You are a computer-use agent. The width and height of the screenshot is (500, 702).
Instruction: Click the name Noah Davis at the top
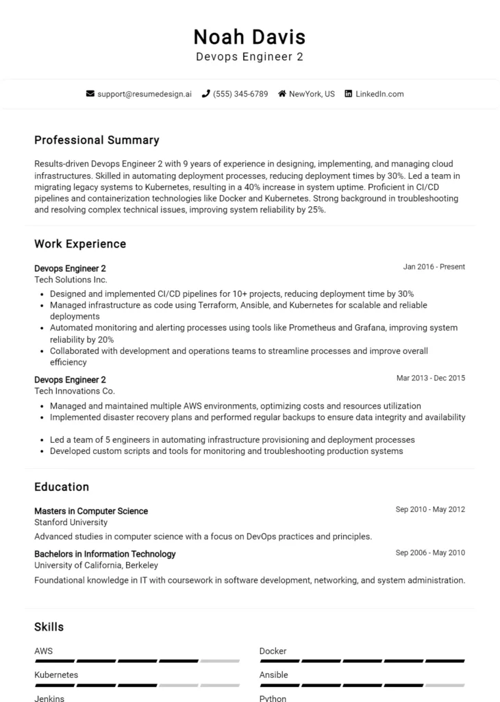click(249, 36)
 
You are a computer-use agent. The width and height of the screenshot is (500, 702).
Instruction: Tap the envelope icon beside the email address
click(90, 94)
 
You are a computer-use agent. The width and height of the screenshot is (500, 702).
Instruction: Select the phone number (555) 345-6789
click(240, 94)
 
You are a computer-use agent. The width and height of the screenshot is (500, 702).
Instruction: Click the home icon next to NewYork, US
click(282, 94)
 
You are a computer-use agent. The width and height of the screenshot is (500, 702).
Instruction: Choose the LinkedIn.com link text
click(379, 94)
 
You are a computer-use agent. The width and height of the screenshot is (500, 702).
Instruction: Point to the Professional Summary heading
click(97, 140)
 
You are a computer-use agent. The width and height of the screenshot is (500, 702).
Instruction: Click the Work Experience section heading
click(80, 244)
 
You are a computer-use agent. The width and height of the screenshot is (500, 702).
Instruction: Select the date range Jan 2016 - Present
click(434, 267)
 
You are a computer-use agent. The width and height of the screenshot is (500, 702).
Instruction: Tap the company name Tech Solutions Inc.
click(71, 280)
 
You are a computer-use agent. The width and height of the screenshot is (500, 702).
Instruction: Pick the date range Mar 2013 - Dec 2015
click(431, 378)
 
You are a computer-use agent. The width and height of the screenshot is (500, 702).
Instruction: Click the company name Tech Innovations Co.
click(75, 391)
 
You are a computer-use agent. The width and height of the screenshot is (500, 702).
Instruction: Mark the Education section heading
click(62, 487)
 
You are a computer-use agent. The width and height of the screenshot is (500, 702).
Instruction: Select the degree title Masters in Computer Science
click(91, 511)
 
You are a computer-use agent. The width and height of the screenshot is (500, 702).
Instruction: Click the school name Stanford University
click(71, 522)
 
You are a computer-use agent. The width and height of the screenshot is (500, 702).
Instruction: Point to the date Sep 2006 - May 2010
click(430, 553)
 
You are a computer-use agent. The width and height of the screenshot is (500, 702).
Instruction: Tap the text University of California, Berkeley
click(96, 566)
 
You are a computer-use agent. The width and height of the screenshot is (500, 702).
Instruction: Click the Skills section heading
click(49, 627)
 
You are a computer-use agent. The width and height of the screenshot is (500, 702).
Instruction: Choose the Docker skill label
click(273, 651)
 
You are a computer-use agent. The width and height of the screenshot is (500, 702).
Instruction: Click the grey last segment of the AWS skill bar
click(220, 661)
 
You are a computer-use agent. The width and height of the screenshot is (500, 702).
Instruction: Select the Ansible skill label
click(273, 675)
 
